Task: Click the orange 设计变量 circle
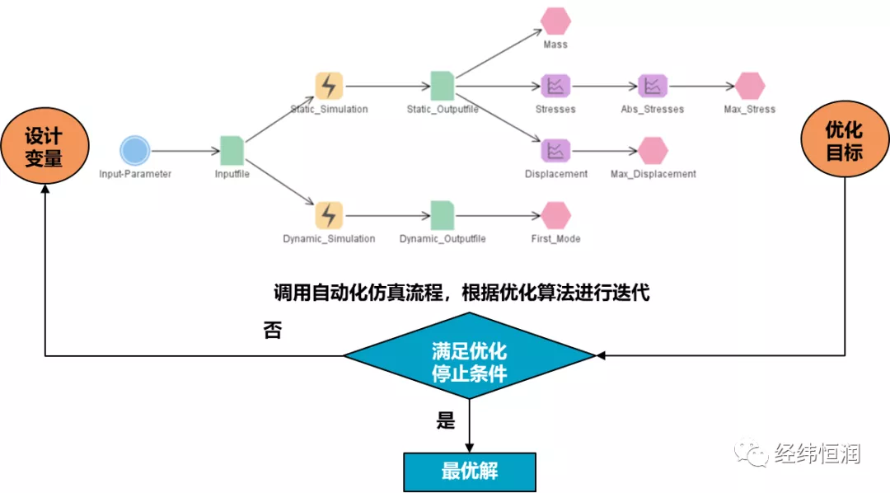tap(44, 147)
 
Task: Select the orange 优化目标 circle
tap(844, 141)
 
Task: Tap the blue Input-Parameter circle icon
tap(134, 151)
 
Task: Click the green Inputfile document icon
tap(232, 150)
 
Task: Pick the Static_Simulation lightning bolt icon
tap(329, 85)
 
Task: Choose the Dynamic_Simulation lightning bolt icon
tap(329, 215)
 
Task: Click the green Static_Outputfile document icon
tap(443, 85)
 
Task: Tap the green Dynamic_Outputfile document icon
tap(443, 215)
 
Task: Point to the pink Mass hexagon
tap(555, 21)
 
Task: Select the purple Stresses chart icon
tap(555, 85)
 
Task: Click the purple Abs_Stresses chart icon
tap(653, 85)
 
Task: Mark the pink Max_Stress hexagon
tap(750, 85)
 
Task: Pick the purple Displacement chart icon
tap(555, 150)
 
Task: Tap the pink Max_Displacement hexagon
tap(653, 150)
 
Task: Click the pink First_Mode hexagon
tap(555, 215)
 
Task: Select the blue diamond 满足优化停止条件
tap(469, 356)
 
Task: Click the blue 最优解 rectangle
tap(469, 472)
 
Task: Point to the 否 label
tap(272, 331)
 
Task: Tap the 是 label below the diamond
tap(446, 421)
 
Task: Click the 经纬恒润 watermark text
tap(817, 453)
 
